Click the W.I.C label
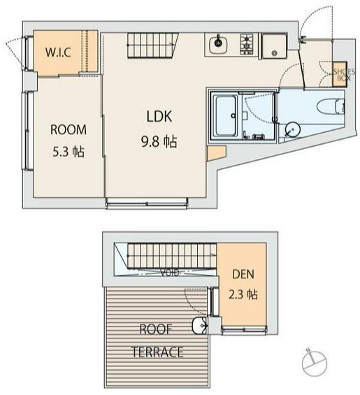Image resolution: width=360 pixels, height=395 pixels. (x=58, y=52)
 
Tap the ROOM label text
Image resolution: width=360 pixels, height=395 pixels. (x=69, y=130)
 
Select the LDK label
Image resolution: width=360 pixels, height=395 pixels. (x=159, y=116)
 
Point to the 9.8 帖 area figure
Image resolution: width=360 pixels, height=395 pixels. (x=159, y=142)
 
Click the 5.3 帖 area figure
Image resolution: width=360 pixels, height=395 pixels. (x=69, y=152)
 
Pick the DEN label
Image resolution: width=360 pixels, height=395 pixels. (x=243, y=274)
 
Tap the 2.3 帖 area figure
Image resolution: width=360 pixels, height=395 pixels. (x=243, y=294)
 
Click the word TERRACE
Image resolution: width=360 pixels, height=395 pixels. (x=158, y=352)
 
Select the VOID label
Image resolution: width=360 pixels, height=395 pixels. (x=170, y=273)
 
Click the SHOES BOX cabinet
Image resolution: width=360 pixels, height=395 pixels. (x=340, y=75)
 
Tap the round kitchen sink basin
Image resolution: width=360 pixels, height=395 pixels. (x=218, y=43)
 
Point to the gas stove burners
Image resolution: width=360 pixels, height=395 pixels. (x=246, y=43)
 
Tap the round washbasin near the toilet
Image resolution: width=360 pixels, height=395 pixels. (x=292, y=129)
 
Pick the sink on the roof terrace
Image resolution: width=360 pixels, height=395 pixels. (x=199, y=326)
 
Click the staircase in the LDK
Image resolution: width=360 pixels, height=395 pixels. (x=152, y=45)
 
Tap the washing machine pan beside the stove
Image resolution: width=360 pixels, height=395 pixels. (x=274, y=46)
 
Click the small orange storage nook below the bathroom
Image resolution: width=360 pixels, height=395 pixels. (x=215, y=152)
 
